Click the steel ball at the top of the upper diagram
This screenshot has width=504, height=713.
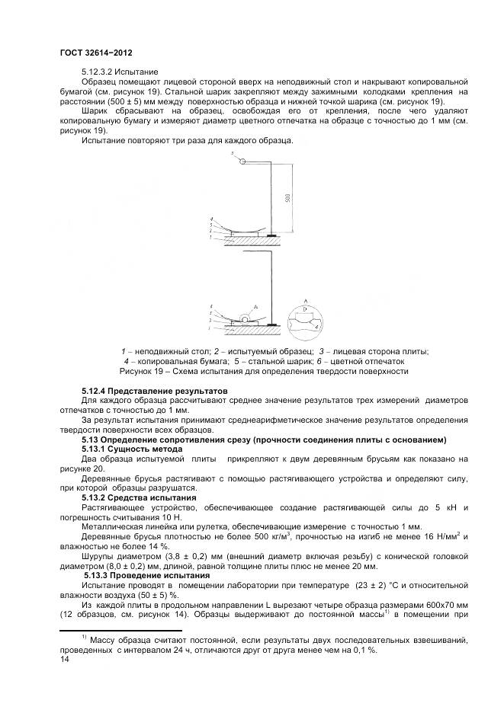point(242,161)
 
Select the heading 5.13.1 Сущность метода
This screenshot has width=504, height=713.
point(130,449)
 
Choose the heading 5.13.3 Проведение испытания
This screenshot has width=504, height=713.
point(144,575)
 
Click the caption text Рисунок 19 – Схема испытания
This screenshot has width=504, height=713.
point(264,371)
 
